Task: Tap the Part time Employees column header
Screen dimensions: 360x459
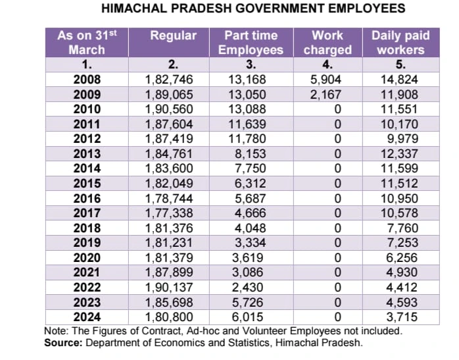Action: [251, 42]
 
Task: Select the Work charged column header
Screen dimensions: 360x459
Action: [327, 42]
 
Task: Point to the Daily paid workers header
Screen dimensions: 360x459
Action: [400, 42]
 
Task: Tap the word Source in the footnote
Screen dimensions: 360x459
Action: [61, 343]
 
